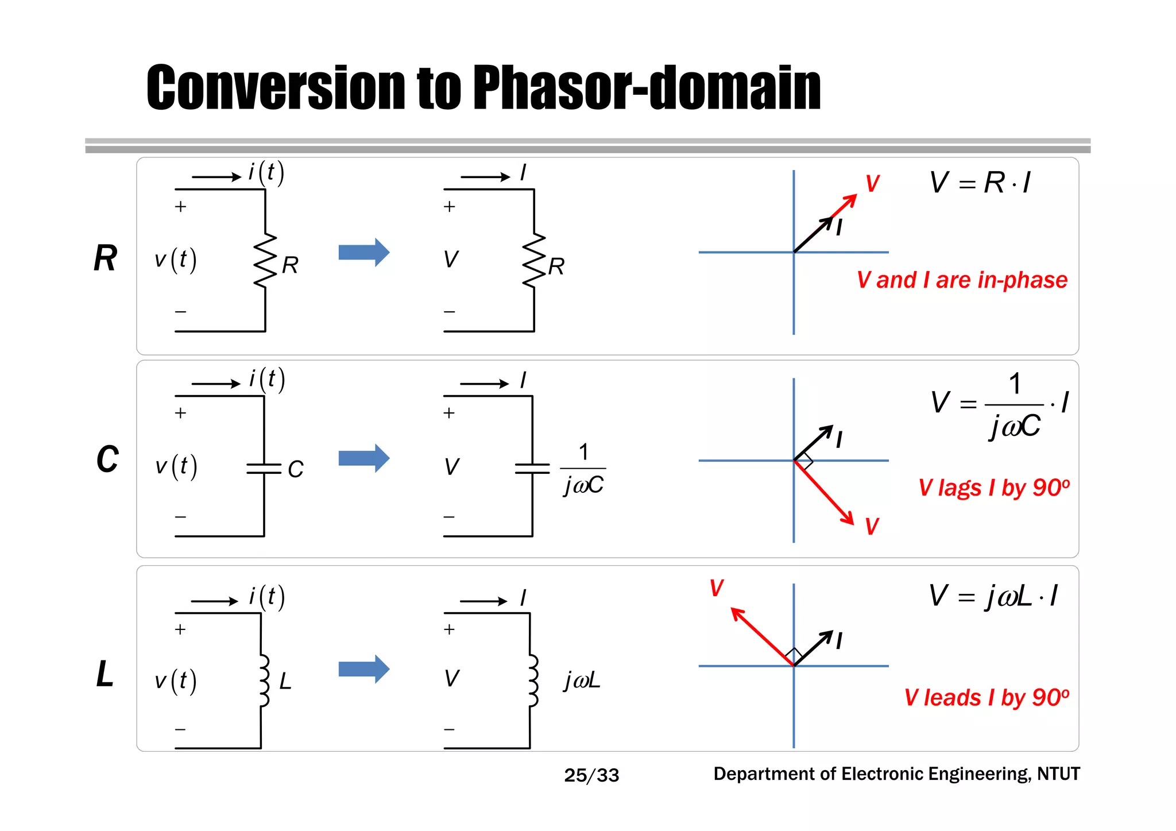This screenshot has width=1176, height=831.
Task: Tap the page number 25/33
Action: click(591, 775)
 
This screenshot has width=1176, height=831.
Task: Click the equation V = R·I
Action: click(980, 183)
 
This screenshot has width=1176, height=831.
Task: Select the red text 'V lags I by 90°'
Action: click(993, 488)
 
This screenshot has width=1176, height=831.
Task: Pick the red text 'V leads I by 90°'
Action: click(986, 698)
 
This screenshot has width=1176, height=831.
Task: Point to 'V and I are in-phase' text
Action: click(962, 280)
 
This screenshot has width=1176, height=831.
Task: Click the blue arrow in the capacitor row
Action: click(363, 458)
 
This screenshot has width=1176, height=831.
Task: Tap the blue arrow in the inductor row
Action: click(363, 669)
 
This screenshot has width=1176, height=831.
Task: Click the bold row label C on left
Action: click(107, 459)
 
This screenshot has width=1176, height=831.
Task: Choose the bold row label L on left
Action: click(105, 674)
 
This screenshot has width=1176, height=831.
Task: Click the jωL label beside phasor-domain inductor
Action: click(582, 681)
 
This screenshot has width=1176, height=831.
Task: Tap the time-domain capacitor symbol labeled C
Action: click(264, 469)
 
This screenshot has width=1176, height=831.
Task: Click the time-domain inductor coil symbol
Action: click(263, 681)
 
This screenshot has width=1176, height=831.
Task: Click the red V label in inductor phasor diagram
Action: click(716, 588)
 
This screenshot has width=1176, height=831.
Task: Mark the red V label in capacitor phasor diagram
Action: click(872, 526)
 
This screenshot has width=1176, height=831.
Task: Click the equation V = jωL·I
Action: click(993, 596)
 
